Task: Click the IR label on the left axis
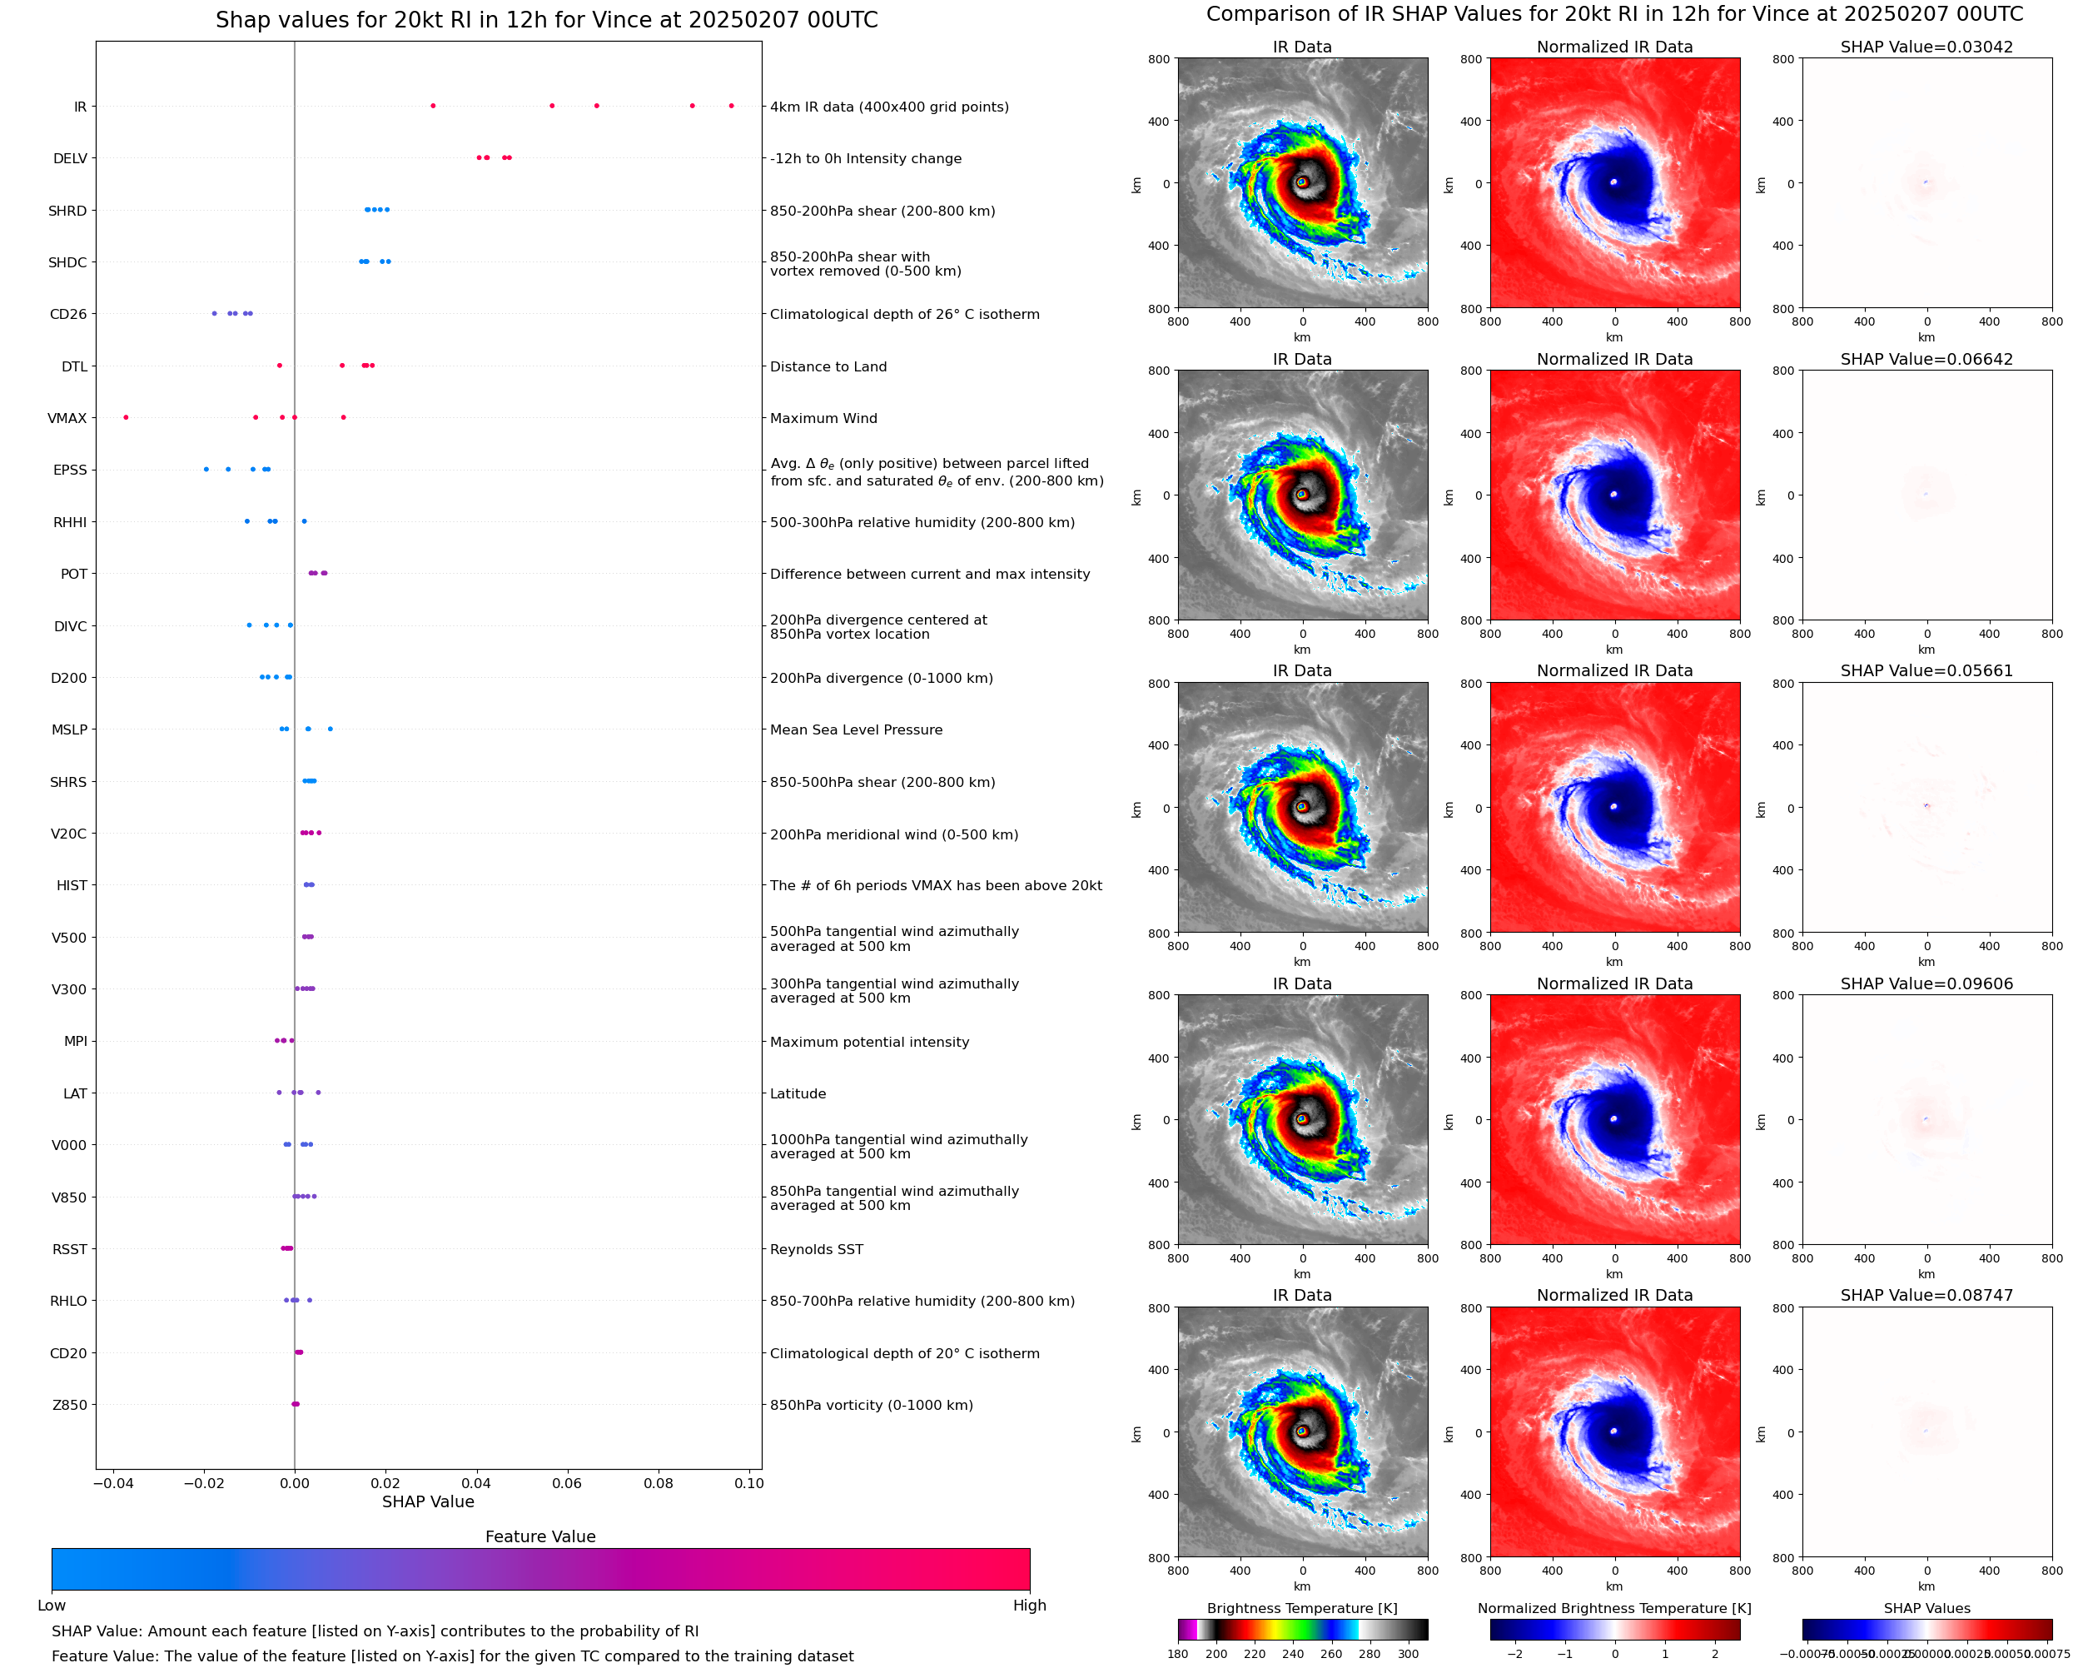point(80,107)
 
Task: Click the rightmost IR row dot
point(731,106)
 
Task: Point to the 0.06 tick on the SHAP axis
point(568,1483)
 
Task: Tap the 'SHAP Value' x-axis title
point(428,1501)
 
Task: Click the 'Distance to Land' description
point(828,366)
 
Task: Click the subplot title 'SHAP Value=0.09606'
point(1926,984)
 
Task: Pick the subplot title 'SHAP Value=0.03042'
point(1926,47)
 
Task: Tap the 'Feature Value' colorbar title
point(540,1536)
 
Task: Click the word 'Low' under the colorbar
point(52,1606)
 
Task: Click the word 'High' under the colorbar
point(1029,1606)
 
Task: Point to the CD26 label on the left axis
point(68,314)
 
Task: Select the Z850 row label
point(69,1405)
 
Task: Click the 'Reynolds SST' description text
point(816,1249)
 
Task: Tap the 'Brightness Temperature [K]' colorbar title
point(1301,1608)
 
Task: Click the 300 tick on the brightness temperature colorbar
point(1409,1654)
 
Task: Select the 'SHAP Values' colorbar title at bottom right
point(1926,1608)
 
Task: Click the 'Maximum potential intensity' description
point(869,1042)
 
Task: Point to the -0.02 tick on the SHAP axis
point(204,1483)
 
